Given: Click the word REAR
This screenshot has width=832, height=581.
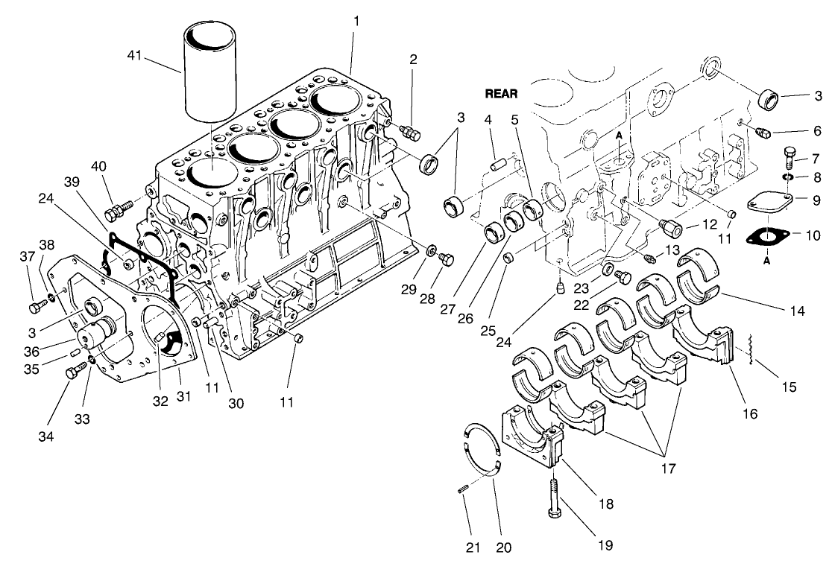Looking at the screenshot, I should pos(502,95).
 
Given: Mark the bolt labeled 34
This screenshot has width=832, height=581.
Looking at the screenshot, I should pos(72,373).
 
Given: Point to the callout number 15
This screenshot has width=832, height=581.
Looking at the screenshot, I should pos(789,387).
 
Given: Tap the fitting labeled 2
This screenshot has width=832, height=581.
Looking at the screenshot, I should pos(409,132).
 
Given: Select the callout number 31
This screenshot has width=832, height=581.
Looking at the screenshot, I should pos(183,397).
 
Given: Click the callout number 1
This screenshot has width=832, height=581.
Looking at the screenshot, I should pos(356,20).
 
